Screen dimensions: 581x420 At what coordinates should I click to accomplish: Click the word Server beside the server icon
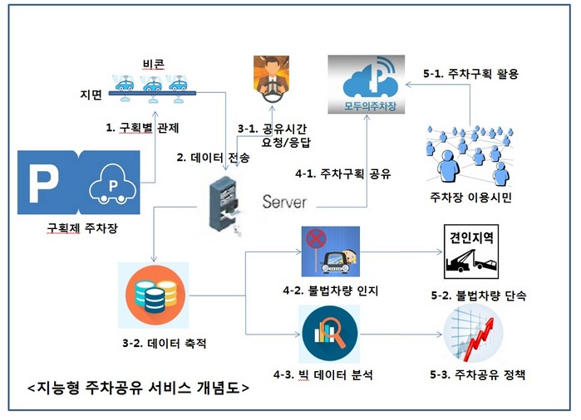click(284, 202)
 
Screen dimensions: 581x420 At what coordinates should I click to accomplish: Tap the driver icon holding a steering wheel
click(271, 79)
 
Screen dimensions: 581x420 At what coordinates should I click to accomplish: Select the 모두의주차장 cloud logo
click(367, 85)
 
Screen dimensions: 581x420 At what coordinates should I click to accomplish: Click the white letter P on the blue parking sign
click(44, 183)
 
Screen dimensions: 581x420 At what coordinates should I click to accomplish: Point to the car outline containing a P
click(113, 184)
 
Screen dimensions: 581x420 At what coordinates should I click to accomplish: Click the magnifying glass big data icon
click(330, 334)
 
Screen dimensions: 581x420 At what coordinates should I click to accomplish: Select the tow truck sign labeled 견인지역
click(471, 252)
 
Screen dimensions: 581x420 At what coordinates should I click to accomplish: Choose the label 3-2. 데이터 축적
click(164, 344)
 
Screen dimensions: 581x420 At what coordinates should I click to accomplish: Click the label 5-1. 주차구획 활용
click(470, 74)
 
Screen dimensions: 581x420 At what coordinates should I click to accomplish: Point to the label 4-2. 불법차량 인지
click(331, 291)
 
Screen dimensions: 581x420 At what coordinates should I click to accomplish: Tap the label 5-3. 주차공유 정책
click(477, 374)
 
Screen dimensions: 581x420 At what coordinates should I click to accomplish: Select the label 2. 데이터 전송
click(213, 158)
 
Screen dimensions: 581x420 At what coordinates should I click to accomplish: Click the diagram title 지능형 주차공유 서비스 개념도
click(138, 388)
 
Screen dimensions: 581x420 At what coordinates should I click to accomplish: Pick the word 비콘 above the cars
click(154, 64)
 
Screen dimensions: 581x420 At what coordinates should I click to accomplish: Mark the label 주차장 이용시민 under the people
click(470, 198)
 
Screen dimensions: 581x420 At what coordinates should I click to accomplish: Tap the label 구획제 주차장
click(82, 227)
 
